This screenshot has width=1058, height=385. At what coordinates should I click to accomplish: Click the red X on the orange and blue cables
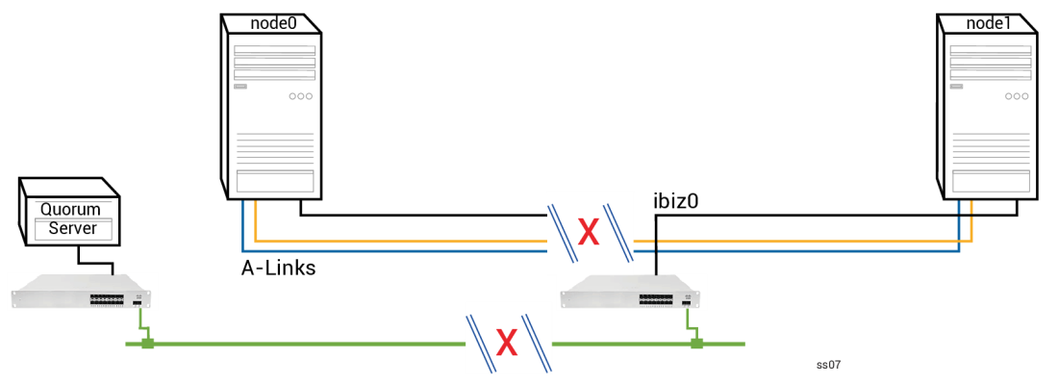tap(589, 233)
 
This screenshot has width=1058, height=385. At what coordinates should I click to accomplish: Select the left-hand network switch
tap(83, 292)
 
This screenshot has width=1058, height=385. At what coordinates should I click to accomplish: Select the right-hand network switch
tap(632, 292)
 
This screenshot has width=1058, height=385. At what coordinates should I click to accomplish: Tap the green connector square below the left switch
tap(148, 344)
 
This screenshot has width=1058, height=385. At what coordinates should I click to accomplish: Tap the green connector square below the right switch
tap(697, 344)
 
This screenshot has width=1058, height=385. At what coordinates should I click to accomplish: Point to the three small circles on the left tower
tap(301, 96)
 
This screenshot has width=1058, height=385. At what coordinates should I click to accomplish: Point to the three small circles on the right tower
tap(1017, 96)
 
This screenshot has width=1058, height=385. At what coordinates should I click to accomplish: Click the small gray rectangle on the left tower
tap(240, 87)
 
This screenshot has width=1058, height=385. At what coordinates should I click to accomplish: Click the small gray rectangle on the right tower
tap(956, 87)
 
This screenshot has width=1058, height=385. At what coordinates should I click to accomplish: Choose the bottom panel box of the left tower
tap(275, 181)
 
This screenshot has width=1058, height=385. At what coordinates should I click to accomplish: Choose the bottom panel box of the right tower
tap(992, 181)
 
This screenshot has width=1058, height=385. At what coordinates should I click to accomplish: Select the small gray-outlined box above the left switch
tap(73, 229)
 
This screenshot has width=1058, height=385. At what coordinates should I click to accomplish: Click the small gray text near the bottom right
tap(828, 365)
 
